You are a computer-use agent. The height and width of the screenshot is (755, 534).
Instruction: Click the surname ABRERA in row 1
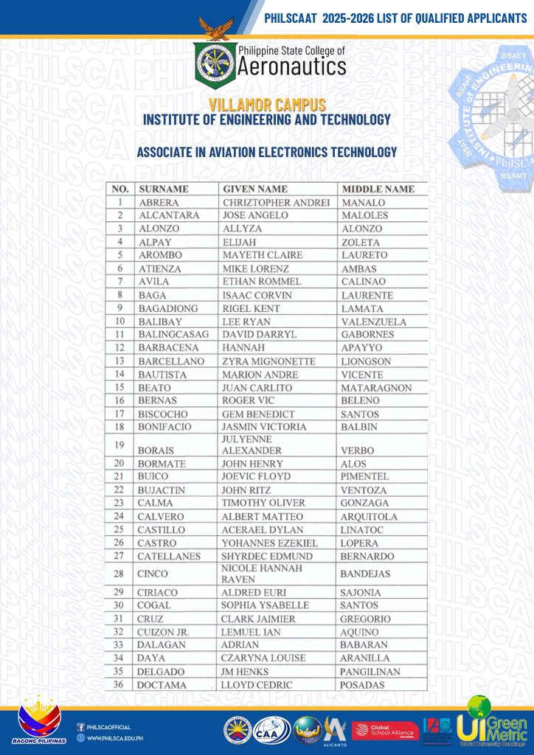tap(159, 203)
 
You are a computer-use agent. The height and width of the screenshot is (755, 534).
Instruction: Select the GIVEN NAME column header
tap(254, 189)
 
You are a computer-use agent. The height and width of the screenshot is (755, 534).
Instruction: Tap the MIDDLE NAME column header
tap(378, 189)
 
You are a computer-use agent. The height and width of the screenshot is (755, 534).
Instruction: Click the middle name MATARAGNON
tap(377, 388)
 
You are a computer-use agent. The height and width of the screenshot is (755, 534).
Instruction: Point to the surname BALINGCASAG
tap(173, 335)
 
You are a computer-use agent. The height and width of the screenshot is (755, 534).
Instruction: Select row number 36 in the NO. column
tap(119, 685)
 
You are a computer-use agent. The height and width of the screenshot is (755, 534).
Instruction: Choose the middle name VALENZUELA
tap(373, 321)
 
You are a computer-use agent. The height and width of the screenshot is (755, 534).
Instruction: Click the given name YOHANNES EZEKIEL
tap(269, 543)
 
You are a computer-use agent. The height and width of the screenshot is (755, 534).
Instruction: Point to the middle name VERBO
tap(358, 450)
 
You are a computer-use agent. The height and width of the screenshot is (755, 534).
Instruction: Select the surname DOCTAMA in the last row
tap(162, 685)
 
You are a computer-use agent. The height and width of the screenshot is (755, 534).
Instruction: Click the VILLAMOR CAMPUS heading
tap(267, 105)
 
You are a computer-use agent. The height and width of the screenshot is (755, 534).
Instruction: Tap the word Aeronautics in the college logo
tap(291, 68)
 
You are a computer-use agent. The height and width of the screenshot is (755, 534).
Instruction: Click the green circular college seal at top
tap(215, 62)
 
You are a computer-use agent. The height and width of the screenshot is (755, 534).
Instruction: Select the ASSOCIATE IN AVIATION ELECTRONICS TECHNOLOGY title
tap(267, 153)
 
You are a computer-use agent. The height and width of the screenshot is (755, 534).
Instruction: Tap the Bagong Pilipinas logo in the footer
tap(41, 721)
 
